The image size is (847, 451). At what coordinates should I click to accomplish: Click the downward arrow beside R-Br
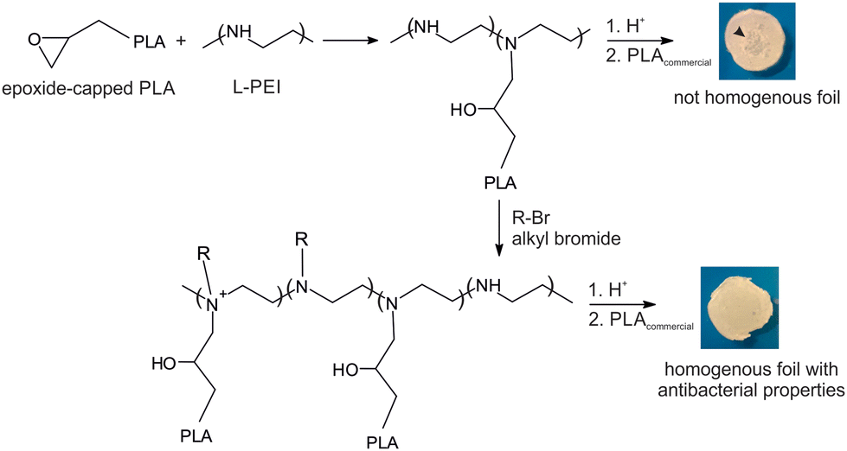[x=499, y=226]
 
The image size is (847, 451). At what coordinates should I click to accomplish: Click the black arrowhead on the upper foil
[x=736, y=31]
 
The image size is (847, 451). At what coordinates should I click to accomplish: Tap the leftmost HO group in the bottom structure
[x=164, y=364]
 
